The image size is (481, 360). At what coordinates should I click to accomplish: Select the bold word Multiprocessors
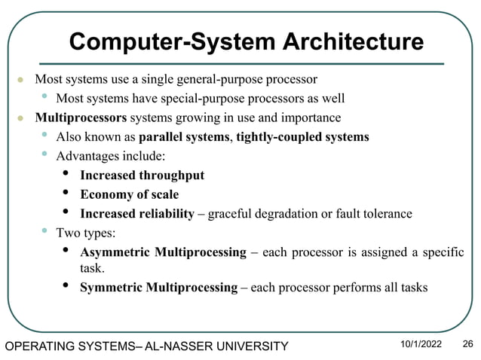[x=81, y=117]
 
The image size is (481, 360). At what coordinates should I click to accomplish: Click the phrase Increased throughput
[x=142, y=175]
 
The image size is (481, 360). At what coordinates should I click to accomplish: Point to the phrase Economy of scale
[x=129, y=194]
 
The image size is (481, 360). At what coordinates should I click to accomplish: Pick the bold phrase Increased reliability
[x=137, y=214]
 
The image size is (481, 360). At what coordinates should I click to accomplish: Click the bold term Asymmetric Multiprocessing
[x=163, y=252]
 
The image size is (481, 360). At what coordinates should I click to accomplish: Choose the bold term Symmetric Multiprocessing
[x=158, y=287]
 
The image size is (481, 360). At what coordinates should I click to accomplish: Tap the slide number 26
[x=467, y=344]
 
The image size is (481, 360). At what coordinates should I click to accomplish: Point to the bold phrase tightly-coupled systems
[x=302, y=137]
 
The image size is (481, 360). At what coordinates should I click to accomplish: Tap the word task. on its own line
[x=93, y=267]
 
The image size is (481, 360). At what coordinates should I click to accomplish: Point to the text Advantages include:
[x=110, y=156]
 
